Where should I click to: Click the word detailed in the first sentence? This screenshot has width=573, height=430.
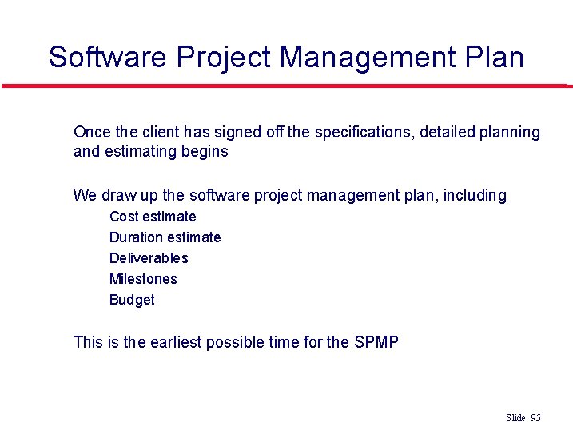point(444,132)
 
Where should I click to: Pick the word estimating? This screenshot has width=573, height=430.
point(139,152)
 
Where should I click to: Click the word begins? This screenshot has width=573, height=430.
point(206,152)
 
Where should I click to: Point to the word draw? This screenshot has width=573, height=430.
point(118,195)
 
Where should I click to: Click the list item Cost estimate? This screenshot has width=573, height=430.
point(153,217)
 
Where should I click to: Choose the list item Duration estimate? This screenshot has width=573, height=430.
point(165,237)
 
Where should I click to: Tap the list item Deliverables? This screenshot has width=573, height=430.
point(149,258)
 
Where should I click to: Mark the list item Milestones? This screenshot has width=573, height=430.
point(143,279)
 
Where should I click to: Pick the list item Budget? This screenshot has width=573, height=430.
point(132,300)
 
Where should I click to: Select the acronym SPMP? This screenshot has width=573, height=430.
point(376,342)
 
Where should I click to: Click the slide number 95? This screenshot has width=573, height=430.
point(535,418)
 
